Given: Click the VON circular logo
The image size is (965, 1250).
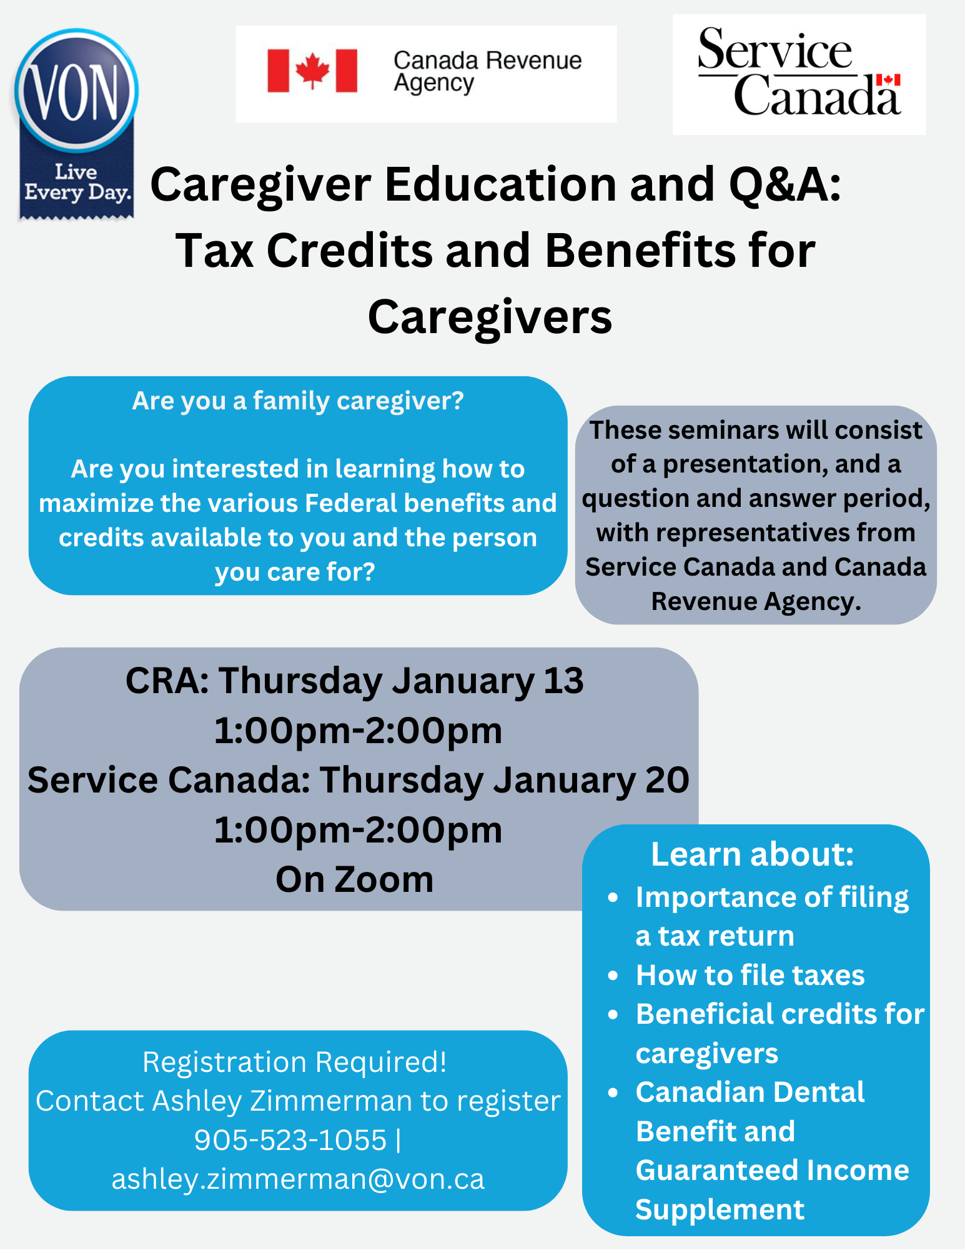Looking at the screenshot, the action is [76, 90].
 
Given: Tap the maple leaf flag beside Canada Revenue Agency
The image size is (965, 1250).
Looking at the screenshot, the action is [312, 71].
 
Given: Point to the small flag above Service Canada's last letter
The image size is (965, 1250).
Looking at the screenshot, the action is [888, 80].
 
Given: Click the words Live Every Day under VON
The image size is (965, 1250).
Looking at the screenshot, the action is [77, 182].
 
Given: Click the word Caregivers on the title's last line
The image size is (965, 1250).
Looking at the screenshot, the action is [490, 317].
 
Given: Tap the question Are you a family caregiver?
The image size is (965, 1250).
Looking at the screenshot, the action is [298, 401].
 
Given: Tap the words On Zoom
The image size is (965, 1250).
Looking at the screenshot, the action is [354, 879].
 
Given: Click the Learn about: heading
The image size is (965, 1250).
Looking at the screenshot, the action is [752, 854].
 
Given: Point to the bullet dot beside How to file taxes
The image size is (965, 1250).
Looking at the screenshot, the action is [613, 976].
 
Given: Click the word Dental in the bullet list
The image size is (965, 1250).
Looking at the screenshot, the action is [818, 1092].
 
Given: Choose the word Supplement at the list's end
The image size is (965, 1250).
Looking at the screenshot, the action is [720, 1210].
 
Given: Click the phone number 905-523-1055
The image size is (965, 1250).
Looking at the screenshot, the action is [290, 1140].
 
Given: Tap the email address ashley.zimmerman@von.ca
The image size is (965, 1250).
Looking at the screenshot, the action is [298, 1179].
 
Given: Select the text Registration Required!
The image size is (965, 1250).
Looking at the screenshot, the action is [295, 1062].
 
